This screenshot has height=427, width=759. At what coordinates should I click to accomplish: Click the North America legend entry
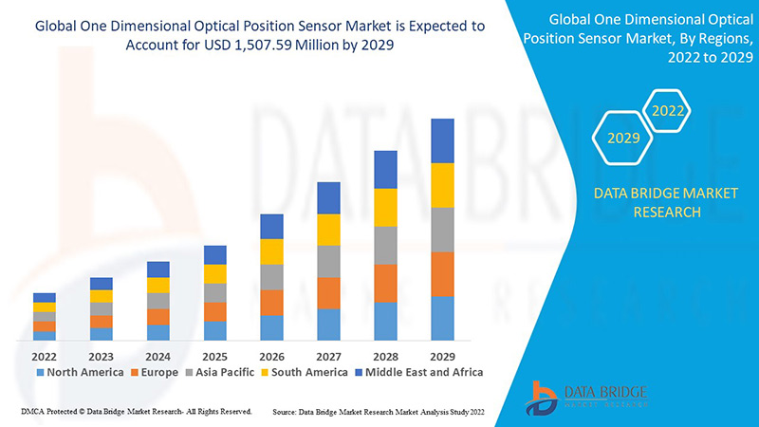(80, 372)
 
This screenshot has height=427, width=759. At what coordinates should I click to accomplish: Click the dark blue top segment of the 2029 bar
(442, 140)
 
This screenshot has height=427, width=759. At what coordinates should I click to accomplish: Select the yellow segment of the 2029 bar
(442, 185)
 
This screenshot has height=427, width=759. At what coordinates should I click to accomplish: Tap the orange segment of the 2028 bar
(385, 283)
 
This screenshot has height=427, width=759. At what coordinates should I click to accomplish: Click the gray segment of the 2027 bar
(328, 261)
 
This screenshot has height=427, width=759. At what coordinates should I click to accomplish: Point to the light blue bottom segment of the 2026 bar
(271, 327)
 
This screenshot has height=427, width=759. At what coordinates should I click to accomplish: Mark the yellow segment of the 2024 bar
(158, 285)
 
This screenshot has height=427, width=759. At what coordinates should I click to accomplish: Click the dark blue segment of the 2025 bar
(215, 254)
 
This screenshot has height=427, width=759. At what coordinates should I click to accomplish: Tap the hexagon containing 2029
(623, 139)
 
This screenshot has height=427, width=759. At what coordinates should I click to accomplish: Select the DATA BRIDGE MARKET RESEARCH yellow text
(651, 202)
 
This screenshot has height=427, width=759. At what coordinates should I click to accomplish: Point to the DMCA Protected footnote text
(136, 412)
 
